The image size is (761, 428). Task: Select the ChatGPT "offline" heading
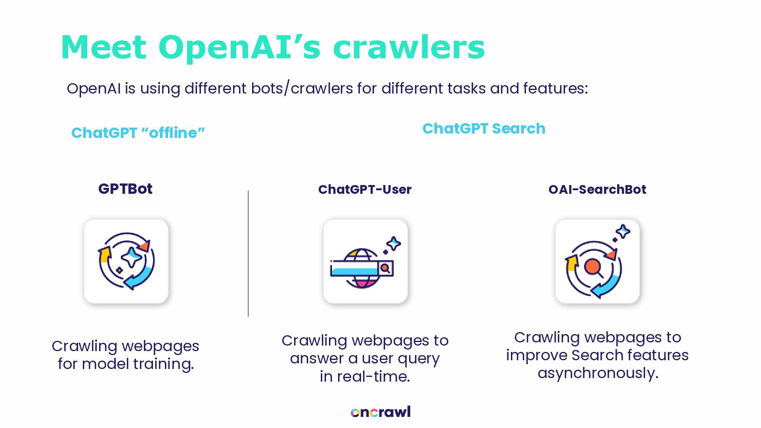[138, 133]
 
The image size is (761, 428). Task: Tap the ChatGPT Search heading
[484, 129]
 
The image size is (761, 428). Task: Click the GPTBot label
[125, 189]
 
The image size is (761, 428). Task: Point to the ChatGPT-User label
[365, 189]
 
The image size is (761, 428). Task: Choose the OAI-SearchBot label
[597, 189]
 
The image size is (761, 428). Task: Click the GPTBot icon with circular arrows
[126, 262]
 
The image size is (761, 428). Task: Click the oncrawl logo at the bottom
[380, 412]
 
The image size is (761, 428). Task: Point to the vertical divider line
[248, 254]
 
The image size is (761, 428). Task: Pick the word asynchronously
[598, 373]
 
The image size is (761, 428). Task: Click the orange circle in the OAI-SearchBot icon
[592, 266]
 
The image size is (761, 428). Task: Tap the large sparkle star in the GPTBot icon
[131, 257]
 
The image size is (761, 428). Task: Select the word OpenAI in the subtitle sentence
[94, 88]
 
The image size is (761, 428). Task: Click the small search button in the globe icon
[385, 268]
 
